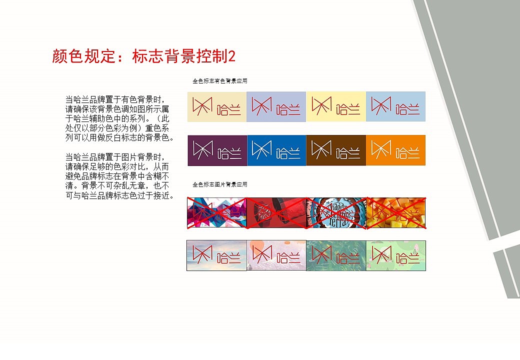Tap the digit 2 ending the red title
click(231, 56)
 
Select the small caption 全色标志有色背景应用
click(220, 81)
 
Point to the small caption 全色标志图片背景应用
click(220, 184)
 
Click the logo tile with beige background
click(216, 106)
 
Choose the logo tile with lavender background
click(276, 106)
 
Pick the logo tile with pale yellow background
click(336, 106)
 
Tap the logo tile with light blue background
click(395, 106)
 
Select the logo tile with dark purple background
click(216, 150)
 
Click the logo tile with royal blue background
click(276, 150)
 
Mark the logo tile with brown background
click(336, 150)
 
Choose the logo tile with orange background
click(395, 150)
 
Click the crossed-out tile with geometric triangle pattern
click(216, 212)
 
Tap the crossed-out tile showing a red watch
click(276, 212)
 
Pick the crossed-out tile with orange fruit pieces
click(395, 212)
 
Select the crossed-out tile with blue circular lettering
click(336, 212)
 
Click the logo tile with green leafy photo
click(336, 255)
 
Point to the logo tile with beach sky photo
click(216, 255)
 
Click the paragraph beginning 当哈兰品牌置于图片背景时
click(120, 175)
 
